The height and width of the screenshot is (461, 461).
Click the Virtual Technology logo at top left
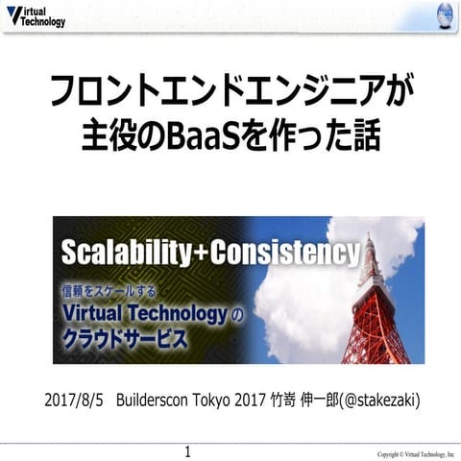(36, 15)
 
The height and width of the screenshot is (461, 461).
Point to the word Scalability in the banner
(121, 254)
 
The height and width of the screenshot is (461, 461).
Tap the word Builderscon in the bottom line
(158, 399)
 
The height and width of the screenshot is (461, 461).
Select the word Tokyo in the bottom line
(228, 399)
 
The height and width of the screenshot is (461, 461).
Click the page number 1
(188, 450)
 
